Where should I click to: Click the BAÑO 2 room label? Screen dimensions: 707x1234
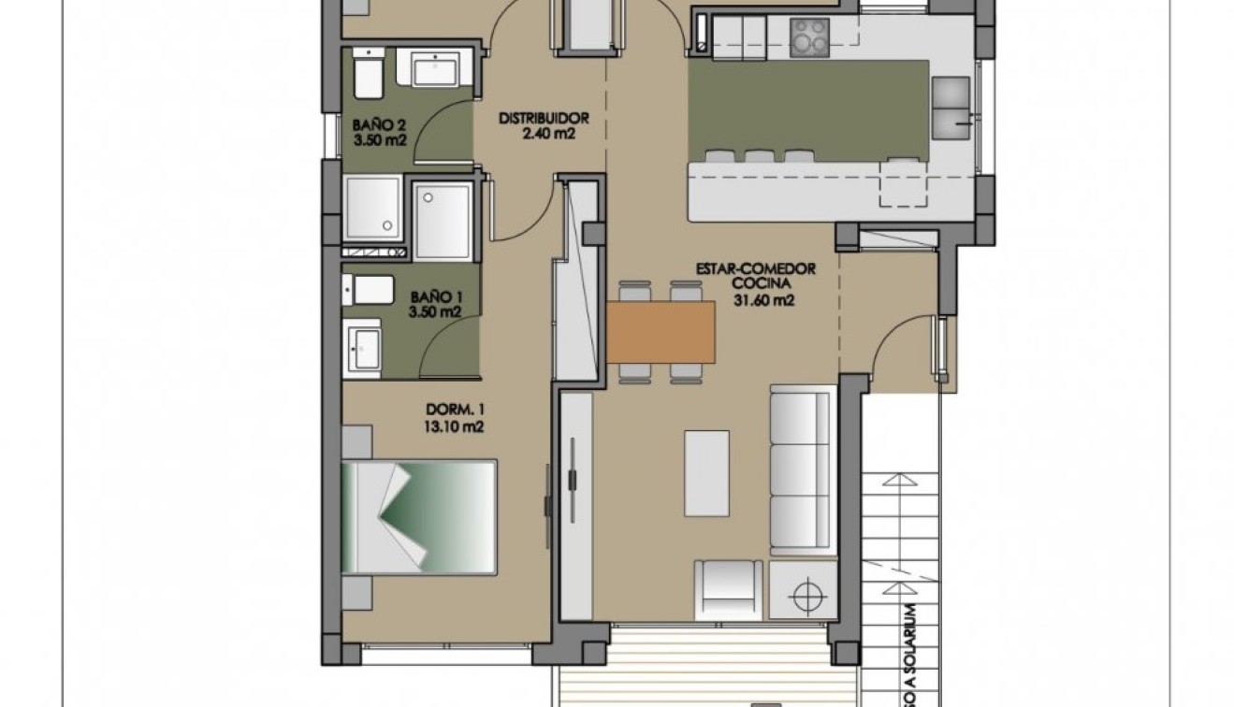[x=378, y=124]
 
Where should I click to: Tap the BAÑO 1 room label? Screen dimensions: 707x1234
[x=436, y=296]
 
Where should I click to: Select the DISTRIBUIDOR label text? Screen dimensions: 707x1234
[x=543, y=119]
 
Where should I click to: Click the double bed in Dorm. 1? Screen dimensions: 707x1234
[x=418, y=516]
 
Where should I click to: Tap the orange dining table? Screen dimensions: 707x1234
[x=661, y=331]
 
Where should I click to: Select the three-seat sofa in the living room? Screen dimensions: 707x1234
[x=802, y=469]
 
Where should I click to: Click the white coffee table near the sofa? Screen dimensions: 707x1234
[x=706, y=472]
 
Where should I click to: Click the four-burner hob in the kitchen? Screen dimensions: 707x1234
[x=809, y=38]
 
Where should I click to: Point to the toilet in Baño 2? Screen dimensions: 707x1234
[x=368, y=74]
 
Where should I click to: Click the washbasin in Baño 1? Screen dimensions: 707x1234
[x=362, y=348]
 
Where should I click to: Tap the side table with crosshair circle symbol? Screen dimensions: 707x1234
[x=803, y=591]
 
